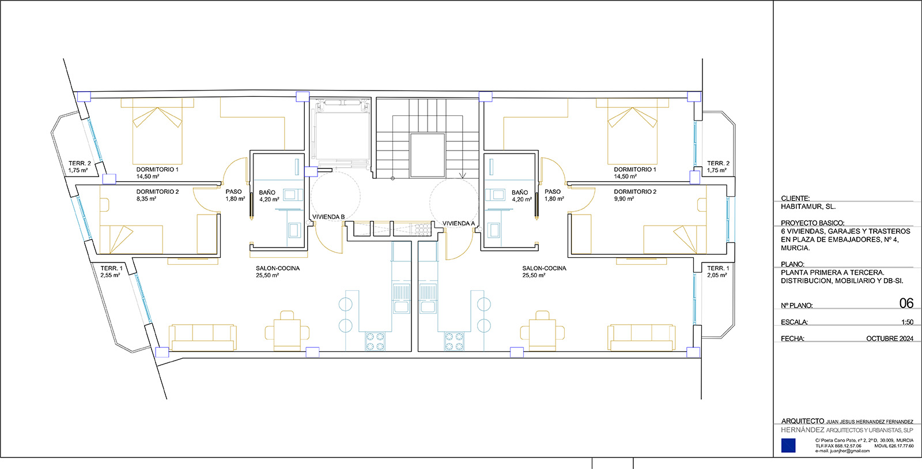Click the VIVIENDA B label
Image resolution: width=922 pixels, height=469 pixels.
[x=328, y=217]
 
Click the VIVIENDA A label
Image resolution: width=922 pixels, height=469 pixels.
[x=459, y=223]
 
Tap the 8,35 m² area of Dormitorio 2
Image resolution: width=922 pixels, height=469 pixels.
[x=146, y=198]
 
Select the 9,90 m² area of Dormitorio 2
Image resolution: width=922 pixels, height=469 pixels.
[x=624, y=198]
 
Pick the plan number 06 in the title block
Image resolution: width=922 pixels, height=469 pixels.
[x=906, y=303]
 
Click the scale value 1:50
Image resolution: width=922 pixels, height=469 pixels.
[x=907, y=322]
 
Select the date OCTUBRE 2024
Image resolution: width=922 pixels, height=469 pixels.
[x=890, y=339]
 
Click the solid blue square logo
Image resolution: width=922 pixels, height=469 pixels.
[x=788, y=445]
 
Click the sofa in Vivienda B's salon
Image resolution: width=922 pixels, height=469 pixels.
[x=202, y=337]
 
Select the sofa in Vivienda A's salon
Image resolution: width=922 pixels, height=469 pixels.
[x=641, y=337]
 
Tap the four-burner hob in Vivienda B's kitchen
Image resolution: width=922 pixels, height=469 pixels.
[x=375, y=342]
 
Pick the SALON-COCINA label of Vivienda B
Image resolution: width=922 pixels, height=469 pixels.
[x=278, y=268]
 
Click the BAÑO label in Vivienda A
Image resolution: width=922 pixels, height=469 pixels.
[x=519, y=193]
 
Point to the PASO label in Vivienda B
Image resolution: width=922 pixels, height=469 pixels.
[x=233, y=192]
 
